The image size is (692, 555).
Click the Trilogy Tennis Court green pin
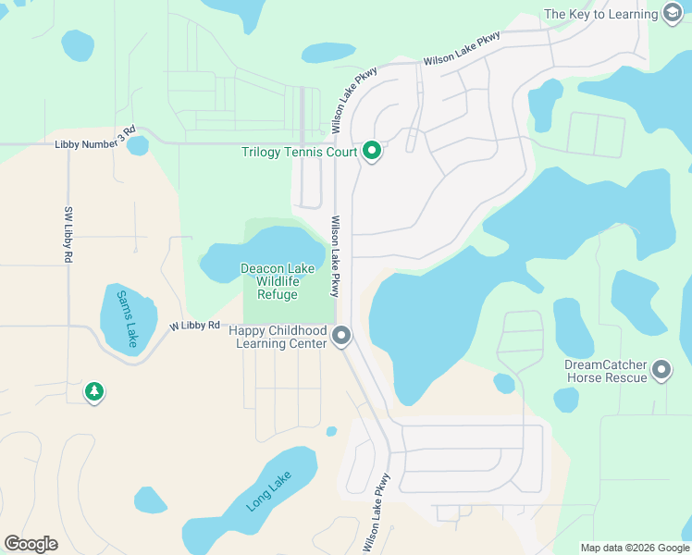click(372, 151)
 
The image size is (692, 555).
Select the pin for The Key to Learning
click(673, 14)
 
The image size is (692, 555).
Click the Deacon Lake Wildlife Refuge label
click(278, 281)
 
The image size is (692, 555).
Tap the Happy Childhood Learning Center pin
click(342, 336)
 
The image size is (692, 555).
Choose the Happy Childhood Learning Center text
click(278, 337)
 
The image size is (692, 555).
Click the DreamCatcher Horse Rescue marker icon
click(661, 371)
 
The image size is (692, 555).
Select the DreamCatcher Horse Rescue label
click(605, 371)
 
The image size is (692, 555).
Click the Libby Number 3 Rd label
click(94, 142)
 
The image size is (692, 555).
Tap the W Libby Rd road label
click(194, 326)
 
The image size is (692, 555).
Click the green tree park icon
click(93, 392)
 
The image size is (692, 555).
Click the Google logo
click(31, 543)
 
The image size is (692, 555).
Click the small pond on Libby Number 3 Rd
click(137, 146)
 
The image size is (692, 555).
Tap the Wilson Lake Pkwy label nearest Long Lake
click(377, 512)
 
